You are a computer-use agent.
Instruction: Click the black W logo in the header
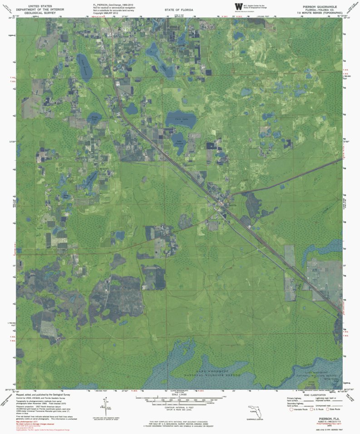click(238, 6)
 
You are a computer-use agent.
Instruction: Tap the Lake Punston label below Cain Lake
click(180, 141)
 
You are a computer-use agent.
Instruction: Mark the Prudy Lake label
click(94, 118)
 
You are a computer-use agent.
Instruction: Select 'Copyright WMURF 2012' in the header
click(106, 13)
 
